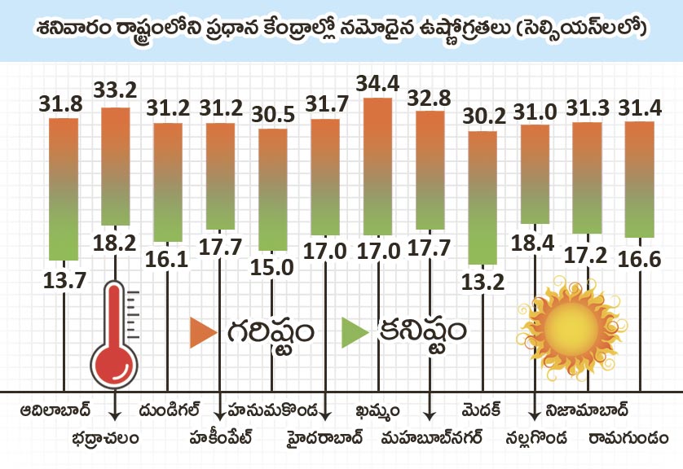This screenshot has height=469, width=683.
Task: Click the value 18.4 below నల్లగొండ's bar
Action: point(535,241)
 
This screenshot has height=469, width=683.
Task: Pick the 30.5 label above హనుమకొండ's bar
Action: point(272,114)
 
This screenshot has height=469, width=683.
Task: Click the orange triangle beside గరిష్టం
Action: point(203,332)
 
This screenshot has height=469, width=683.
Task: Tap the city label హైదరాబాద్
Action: point(324,438)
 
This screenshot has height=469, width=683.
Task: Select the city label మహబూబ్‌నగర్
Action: point(432,438)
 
